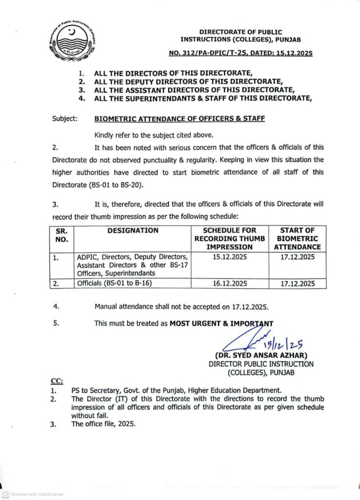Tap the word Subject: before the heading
[64, 118]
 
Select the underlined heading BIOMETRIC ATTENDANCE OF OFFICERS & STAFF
[180, 118]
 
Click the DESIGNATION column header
[133, 230]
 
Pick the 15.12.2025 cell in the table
[230, 256]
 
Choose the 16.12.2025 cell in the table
[230, 283]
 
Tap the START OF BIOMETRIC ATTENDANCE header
[298, 238]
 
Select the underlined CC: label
[57, 380]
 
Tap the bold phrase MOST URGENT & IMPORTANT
[221, 323]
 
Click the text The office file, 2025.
[103, 424]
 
